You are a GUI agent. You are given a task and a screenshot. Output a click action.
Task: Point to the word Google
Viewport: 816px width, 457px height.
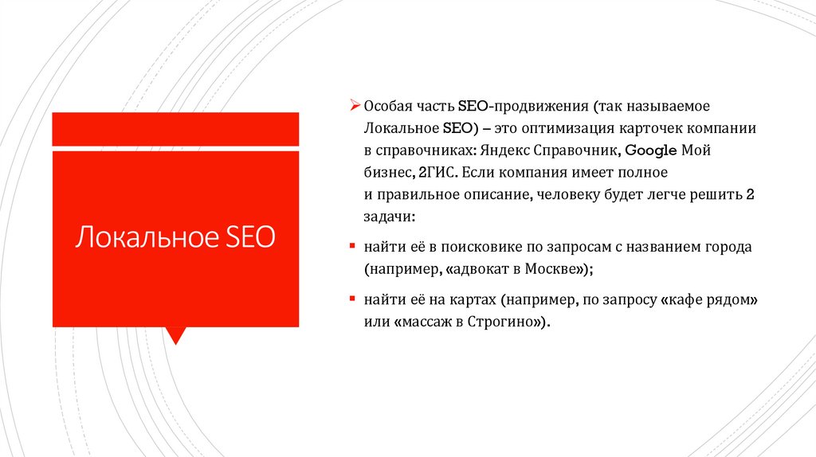650,150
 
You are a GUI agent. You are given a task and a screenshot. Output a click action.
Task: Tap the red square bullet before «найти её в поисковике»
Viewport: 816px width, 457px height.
354,247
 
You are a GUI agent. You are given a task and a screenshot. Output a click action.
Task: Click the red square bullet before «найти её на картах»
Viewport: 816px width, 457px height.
354,300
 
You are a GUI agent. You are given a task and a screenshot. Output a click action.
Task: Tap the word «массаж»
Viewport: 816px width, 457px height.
426,322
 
